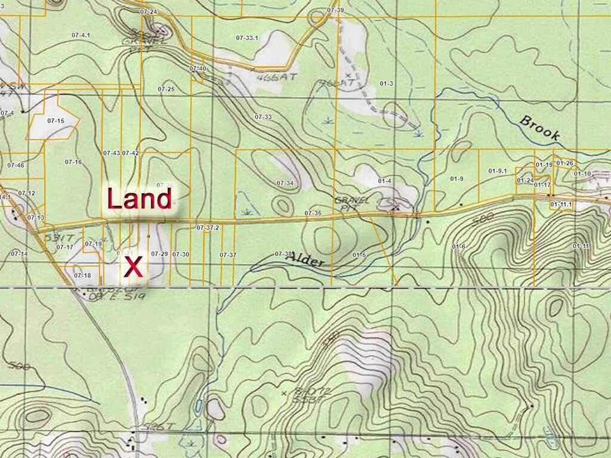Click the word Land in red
pyautogui.click(x=139, y=199)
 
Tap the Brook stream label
pyautogui.click(x=541, y=128)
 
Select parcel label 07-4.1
pyautogui.click(x=81, y=36)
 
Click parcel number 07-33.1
pyautogui.click(x=247, y=38)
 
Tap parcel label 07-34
pyautogui.click(x=285, y=182)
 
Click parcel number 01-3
pyautogui.click(x=386, y=83)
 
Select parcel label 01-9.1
pyautogui.click(x=498, y=171)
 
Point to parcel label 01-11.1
pyautogui.click(x=561, y=205)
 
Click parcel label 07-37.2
pyautogui.click(x=208, y=228)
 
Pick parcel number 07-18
pyautogui.click(x=82, y=276)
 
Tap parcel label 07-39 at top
pyautogui.click(x=335, y=11)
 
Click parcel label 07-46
pyautogui.click(x=16, y=165)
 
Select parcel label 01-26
pyautogui.click(x=564, y=163)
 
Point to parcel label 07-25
pyautogui.click(x=166, y=89)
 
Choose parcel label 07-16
pyautogui.click(x=73, y=162)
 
